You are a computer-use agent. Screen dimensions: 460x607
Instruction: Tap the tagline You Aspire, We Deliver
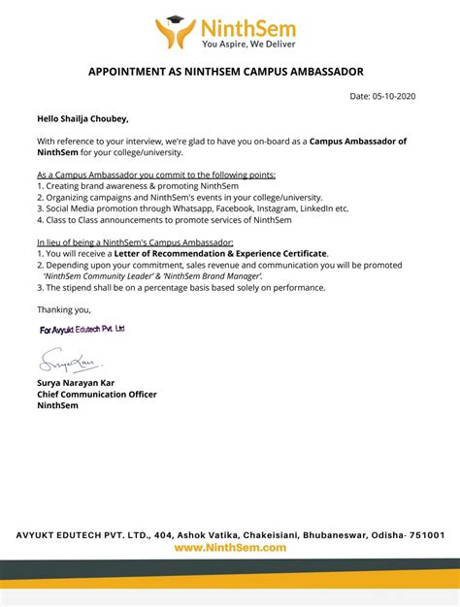click(248, 44)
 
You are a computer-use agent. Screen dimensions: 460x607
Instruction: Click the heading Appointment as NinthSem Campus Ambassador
click(230, 73)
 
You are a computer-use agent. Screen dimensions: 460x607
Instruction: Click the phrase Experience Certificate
click(281, 253)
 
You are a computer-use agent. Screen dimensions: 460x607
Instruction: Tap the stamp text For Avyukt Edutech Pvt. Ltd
click(82, 330)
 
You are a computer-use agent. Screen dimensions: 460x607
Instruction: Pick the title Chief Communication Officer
click(97, 395)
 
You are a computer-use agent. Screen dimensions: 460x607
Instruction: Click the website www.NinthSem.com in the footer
click(230, 548)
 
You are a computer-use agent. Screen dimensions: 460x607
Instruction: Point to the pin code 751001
click(424, 534)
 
